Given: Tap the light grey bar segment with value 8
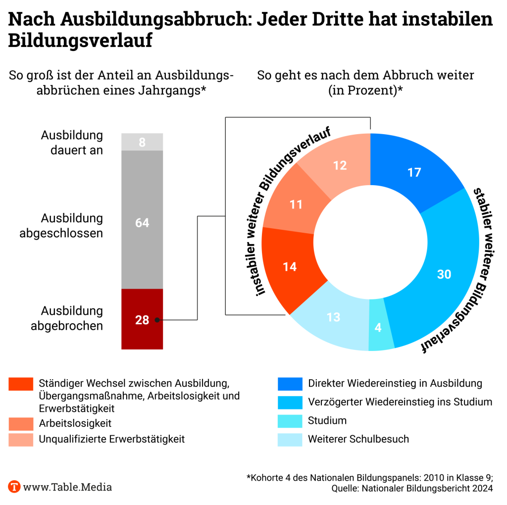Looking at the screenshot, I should pos(142,142).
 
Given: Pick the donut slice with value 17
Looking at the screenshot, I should pos(414,172).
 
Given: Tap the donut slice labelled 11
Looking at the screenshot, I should pos(296,204).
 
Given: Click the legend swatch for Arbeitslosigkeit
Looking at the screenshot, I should pos(21,423).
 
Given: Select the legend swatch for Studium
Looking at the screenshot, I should pos(290,421).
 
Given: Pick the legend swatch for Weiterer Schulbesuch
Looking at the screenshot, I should pos(290,439).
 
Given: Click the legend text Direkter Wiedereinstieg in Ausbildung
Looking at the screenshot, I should pos(395,383).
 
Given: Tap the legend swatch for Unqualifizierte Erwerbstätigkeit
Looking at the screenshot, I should pos(21,439).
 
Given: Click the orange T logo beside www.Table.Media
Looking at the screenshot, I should pos(14,487).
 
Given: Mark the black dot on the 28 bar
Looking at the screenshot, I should pos(157,320).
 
